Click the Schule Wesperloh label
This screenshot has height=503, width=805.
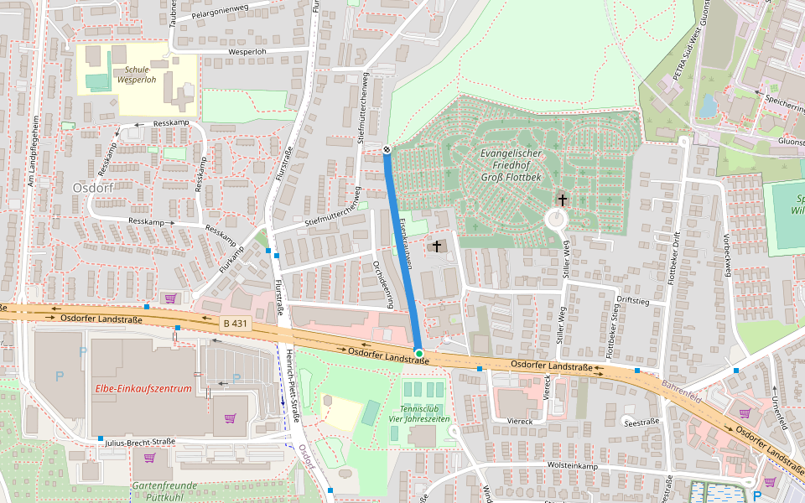136,75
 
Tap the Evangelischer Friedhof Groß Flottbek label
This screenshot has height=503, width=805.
512,166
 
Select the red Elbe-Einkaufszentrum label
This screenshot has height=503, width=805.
143,389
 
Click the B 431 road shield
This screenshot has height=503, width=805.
236,323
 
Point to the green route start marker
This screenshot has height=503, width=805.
418,354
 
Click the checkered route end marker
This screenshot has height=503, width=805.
387,149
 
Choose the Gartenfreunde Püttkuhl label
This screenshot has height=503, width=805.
164,490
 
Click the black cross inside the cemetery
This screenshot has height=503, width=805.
562,200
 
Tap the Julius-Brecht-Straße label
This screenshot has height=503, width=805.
140,442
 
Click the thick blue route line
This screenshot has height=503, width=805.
402,251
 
